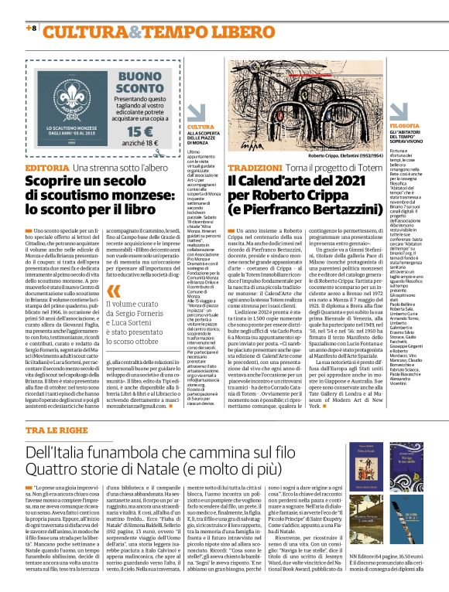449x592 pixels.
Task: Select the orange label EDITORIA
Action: pos(47,168)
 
